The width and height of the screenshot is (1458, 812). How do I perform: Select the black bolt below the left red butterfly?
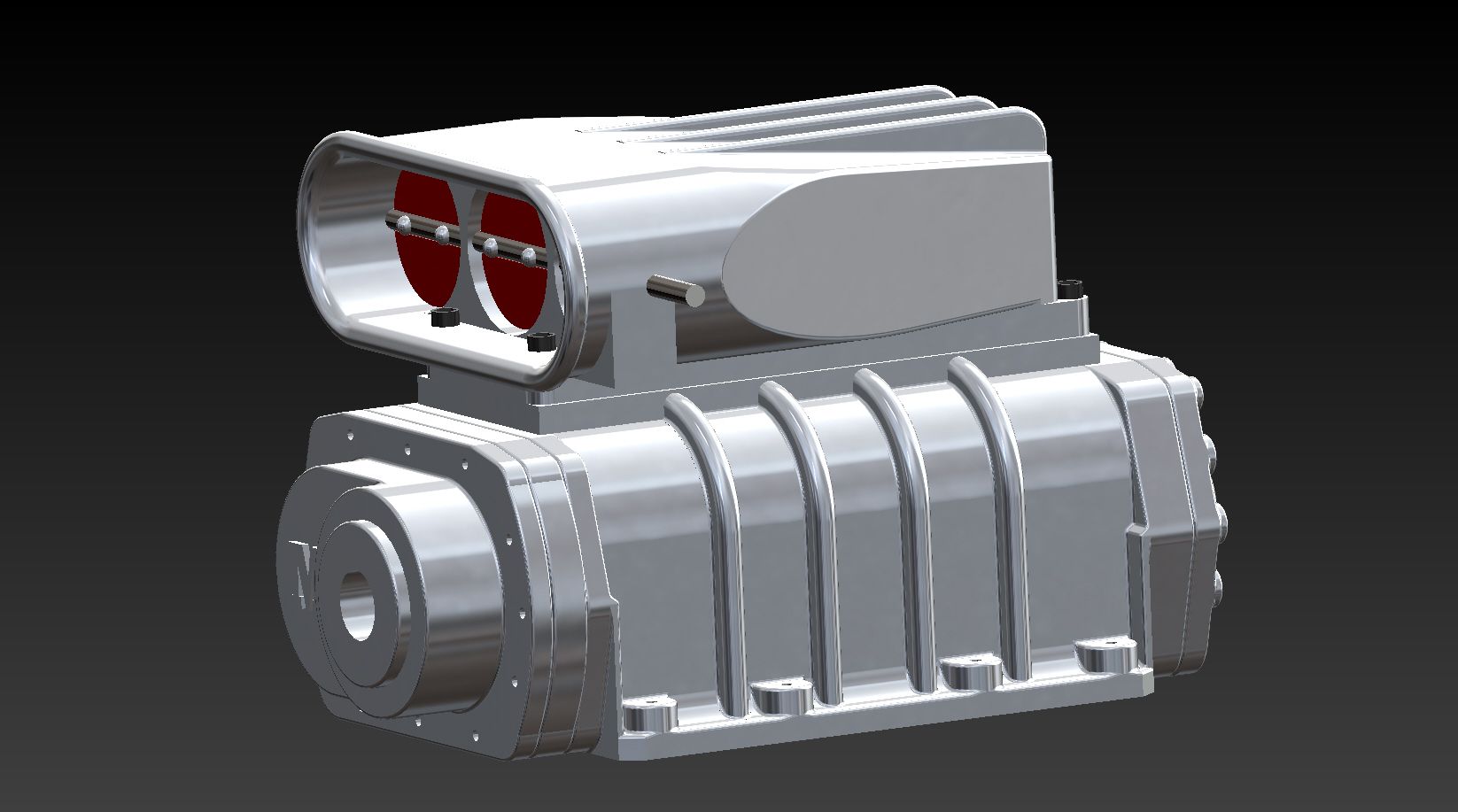point(442,316)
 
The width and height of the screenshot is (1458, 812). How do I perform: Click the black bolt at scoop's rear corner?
point(1073,287)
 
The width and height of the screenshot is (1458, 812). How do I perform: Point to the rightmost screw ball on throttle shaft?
point(530,256)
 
